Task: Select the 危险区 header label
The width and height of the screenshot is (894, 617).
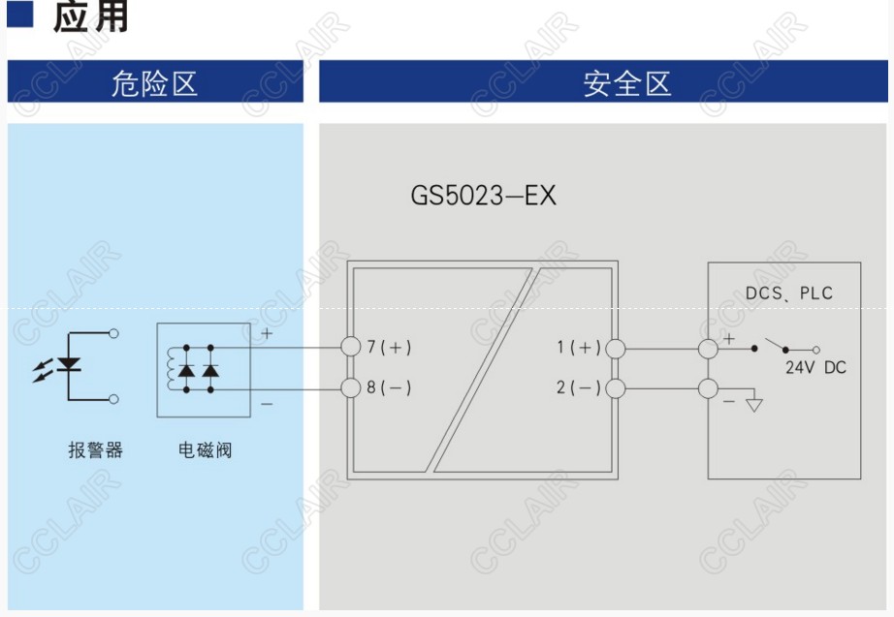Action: (154, 83)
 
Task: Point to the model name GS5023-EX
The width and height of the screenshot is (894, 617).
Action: (483, 196)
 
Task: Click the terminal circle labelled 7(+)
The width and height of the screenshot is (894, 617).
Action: (352, 347)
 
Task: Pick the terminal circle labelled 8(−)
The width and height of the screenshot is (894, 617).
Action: (352, 388)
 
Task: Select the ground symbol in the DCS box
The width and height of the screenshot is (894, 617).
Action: (753, 403)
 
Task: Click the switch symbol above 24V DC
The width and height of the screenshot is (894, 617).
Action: (784, 346)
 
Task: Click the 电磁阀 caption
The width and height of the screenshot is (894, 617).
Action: (205, 450)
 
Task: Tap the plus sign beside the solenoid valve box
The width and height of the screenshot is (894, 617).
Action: (267, 333)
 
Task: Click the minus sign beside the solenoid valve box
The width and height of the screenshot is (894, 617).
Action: (267, 403)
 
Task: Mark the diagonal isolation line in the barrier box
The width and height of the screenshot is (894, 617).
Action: (482, 368)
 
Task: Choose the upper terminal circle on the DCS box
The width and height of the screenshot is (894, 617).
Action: (708, 347)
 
